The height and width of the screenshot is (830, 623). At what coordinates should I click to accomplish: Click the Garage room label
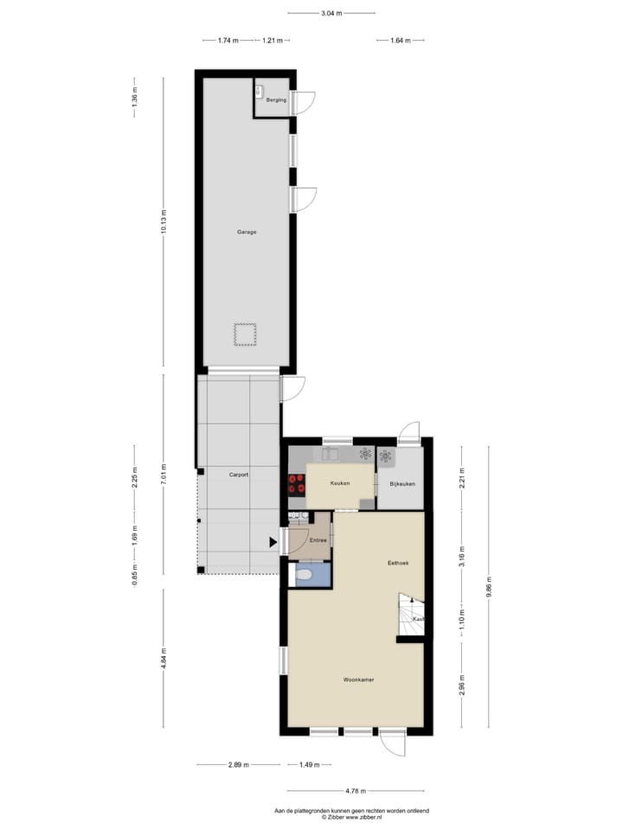tap(247, 232)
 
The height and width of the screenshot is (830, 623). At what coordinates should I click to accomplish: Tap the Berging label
tap(276, 100)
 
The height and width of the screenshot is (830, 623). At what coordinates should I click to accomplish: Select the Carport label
tap(239, 476)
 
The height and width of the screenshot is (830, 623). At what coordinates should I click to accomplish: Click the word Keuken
tap(340, 483)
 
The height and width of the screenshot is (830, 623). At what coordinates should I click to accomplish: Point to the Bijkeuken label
tap(402, 483)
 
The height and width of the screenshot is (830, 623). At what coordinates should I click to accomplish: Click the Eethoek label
tap(398, 563)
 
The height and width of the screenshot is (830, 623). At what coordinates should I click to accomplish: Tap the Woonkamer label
tap(357, 680)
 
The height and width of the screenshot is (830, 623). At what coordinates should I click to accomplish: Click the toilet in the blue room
tap(304, 574)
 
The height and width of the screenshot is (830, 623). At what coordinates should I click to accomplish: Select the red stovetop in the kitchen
tap(297, 483)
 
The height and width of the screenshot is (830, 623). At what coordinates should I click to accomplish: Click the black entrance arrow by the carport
tap(273, 542)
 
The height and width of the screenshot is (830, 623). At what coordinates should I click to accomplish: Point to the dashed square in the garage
tap(245, 334)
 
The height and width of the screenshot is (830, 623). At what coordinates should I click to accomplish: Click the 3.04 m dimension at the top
tap(331, 13)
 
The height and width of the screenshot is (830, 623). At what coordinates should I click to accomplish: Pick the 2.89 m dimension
tap(239, 765)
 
